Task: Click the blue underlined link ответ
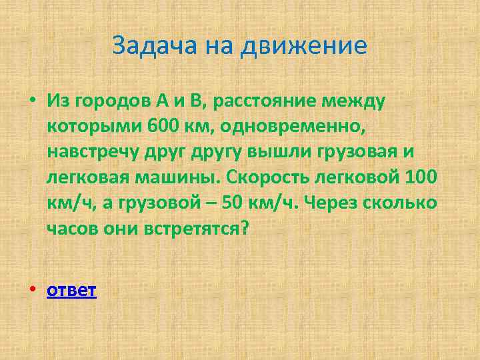[x=72, y=291]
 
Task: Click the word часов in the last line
[x=72, y=229]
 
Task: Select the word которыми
[x=89, y=126]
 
